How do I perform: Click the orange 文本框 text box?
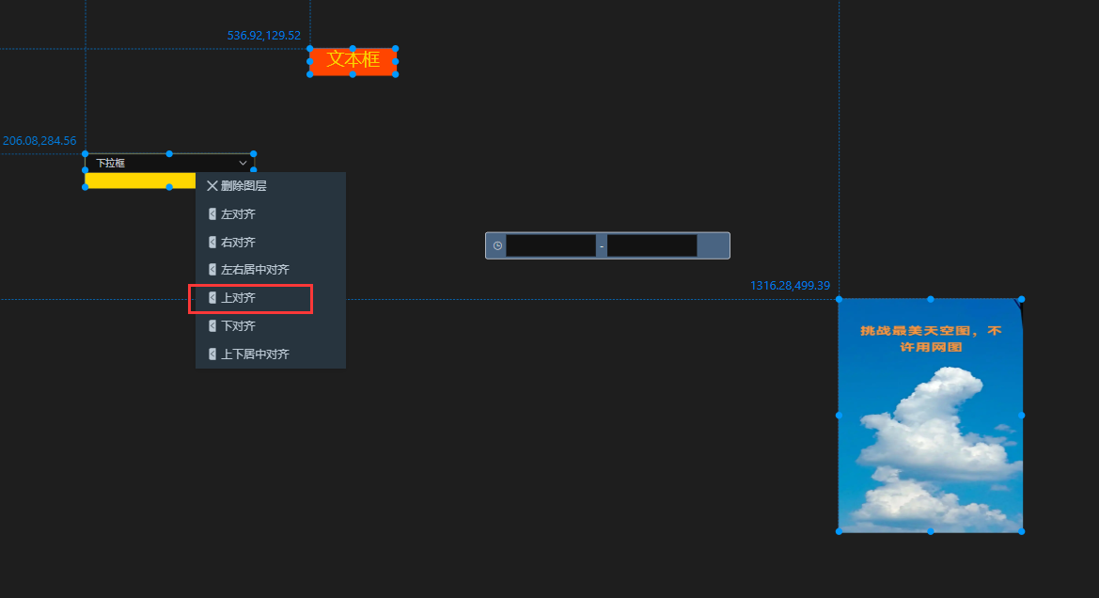(x=353, y=61)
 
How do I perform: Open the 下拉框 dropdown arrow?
(x=243, y=164)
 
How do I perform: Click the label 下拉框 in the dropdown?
(x=111, y=164)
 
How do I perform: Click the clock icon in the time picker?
(x=497, y=246)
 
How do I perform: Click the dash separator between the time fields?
(x=602, y=246)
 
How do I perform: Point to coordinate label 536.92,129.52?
(x=263, y=35)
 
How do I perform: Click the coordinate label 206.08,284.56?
(x=39, y=141)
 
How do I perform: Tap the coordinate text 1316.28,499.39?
(x=790, y=285)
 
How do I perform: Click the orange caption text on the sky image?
(x=931, y=338)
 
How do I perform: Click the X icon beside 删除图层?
(x=212, y=186)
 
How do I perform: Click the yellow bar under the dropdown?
(x=140, y=181)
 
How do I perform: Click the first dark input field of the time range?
(x=551, y=246)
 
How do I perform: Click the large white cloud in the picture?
(x=933, y=428)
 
